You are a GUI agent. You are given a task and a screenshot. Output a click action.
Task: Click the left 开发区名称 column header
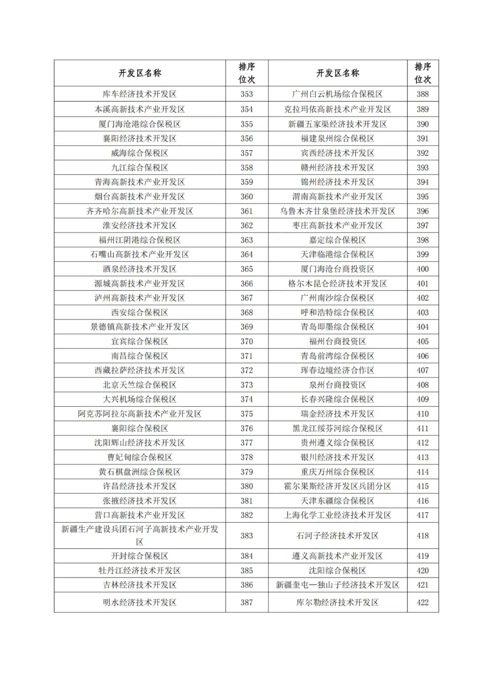140,73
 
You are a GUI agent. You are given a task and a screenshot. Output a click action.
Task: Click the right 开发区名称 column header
337,73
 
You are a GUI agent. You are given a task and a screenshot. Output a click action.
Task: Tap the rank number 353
246,94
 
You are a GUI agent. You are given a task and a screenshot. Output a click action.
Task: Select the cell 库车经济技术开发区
140,94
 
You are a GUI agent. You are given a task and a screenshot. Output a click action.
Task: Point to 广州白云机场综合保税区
337,94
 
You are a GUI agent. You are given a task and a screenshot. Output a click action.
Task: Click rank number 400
422,269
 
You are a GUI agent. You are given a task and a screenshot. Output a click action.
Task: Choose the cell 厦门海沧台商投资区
337,269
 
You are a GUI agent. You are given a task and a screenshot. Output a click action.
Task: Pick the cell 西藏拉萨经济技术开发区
140,370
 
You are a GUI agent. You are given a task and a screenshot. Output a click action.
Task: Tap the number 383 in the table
246,535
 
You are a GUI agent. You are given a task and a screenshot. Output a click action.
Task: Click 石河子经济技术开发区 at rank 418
337,535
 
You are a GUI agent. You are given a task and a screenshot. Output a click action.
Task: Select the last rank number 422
422,602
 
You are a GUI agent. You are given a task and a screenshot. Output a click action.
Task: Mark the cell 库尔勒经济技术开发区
337,602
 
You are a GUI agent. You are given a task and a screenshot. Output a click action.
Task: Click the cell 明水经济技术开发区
140,602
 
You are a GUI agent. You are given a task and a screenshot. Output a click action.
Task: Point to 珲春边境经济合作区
337,370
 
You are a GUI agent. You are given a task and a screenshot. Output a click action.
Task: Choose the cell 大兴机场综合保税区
140,399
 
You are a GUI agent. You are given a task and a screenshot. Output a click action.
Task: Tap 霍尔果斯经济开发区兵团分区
337,486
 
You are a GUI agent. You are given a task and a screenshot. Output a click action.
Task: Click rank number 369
246,327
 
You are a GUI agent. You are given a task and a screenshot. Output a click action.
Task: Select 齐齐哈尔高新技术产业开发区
140,211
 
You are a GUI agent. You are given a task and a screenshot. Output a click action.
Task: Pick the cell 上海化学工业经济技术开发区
337,515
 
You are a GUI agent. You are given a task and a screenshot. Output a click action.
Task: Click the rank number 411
422,428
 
